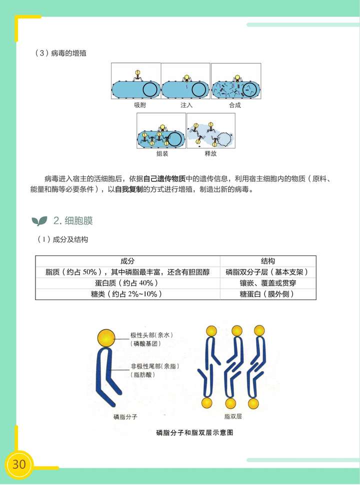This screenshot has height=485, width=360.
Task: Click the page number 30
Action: point(19,463)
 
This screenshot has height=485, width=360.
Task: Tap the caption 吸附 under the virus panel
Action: point(140,105)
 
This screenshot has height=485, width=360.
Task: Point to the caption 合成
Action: point(235,105)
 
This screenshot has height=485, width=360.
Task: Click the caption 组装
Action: point(162,154)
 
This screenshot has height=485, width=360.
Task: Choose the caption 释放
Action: point(210,154)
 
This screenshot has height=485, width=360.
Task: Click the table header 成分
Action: point(127,261)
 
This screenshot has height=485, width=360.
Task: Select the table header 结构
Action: point(268,261)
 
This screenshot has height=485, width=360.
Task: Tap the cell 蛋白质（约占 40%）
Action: point(127,283)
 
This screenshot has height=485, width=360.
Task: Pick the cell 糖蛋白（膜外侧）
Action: point(268,294)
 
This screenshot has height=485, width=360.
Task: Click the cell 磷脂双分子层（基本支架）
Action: point(268,272)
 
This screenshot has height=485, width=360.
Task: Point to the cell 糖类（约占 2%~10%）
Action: point(127,294)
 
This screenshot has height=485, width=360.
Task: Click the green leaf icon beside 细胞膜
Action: point(39,220)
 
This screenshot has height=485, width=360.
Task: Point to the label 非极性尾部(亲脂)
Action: point(155,366)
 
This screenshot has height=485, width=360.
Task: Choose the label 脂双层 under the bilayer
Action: point(233,416)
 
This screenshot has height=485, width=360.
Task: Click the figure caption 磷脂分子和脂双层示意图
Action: point(194,432)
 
